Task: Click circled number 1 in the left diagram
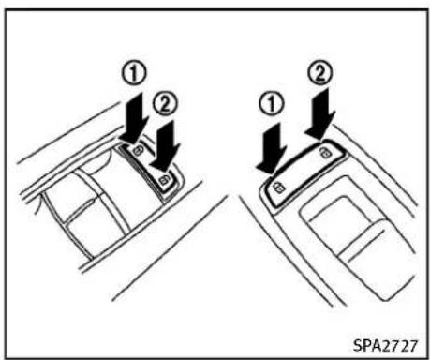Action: pyautogui.click(x=133, y=74)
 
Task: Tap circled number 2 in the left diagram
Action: pyautogui.click(x=165, y=104)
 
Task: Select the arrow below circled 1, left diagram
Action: pyautogui.click(x=135, y=117)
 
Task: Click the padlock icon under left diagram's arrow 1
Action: pyautogui.click(x=138, y=151)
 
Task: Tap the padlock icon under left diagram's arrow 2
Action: pyautogui.click(x=164, y=180)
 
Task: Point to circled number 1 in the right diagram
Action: pyautogui.click(x=272, y=104)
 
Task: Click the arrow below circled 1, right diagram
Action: pyautogui.click(x=272, y=148)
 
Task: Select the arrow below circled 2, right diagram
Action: pyautogui.click(x=320, y=114)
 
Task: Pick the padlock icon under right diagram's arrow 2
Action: pyautogui.click(x=326, y=153)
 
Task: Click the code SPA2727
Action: pyautogui.click(x=385, y=346)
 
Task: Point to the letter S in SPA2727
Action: pyautogui.click(x=358, y=346)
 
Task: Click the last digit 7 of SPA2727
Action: pyautogui.click(x=413, y=346)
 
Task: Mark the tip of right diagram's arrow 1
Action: pyautogui.click(x=271, y=173)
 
